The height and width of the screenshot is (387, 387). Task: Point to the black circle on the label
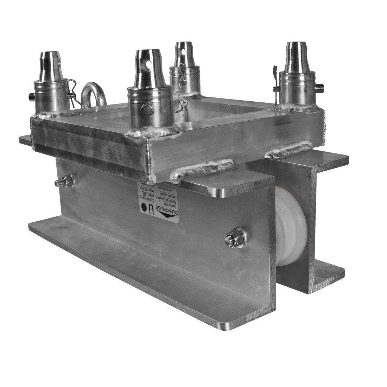click(144, 207)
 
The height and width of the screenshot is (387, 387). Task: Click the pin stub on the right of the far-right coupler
click(319, 86)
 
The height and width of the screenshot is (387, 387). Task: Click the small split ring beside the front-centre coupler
click(179, 106)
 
